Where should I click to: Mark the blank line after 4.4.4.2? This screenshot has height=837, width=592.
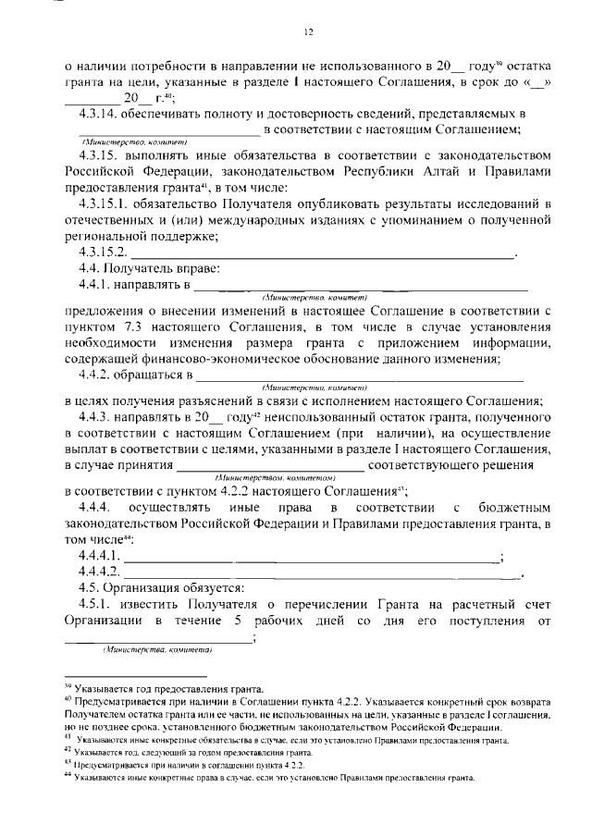coord(324,572)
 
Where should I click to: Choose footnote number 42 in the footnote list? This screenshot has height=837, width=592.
coord(68,754)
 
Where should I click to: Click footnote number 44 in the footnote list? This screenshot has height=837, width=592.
coord(68,779)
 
